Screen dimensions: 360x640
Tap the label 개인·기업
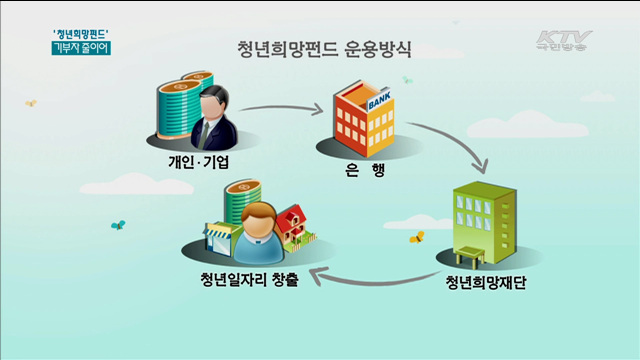(194, 162)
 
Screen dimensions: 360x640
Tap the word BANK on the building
(381, 102)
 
